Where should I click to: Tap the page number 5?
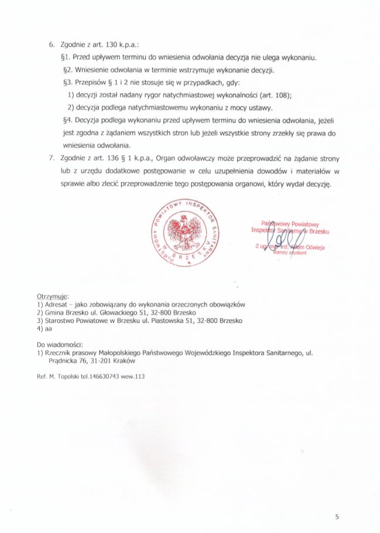(337, 517)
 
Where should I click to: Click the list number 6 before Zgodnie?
(51, 45)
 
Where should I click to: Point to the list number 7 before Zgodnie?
(51, 159)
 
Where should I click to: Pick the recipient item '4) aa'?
(44, 329)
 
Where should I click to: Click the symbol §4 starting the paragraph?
(66, 121)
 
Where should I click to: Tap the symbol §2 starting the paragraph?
(66, 70)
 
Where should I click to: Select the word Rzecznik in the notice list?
(59, 353)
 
